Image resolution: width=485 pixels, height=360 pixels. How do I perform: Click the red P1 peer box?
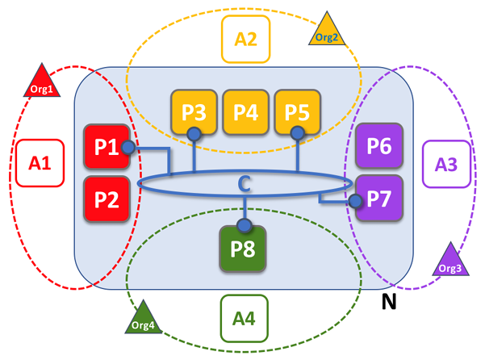107,147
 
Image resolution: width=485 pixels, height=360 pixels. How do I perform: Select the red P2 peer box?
107,199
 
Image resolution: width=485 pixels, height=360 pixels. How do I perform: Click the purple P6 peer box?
378,147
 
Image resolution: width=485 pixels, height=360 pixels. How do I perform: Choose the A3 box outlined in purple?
446,165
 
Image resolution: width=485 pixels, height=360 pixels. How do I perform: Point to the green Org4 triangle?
144,319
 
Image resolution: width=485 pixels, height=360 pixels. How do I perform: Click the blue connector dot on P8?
244,225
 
